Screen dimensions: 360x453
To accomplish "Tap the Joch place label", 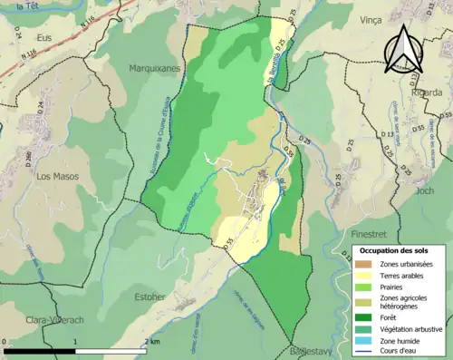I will tap(424, 191).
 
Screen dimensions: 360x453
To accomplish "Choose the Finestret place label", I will tap(370, 234).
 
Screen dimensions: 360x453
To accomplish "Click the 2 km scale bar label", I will tap(153, 341).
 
